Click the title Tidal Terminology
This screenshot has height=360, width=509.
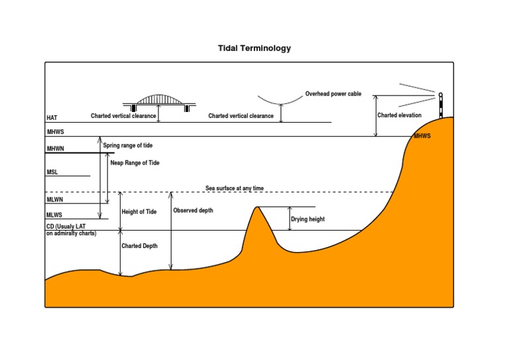pos(254,48)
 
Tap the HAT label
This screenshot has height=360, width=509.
pos(52,117)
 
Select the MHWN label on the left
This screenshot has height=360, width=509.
pos(55,149)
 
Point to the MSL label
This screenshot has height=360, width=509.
pos(52,172)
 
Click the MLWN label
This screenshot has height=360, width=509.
pos(55,199)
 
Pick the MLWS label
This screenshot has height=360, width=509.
pos(55,215)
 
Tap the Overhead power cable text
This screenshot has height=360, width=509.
pos(333,94)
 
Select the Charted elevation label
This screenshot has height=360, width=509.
pos(400,115)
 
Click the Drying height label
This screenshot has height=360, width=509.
pos(308,219)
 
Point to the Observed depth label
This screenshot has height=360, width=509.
pos(193,210)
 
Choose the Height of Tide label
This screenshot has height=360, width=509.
pos(139,212)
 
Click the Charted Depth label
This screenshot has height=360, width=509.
pos(140,245)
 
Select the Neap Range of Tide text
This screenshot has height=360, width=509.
pos(135,162)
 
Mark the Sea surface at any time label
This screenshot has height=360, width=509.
pos(235,188)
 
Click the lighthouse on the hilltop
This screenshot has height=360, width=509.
pos(440,105)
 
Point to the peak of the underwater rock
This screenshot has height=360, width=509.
pos(257,208)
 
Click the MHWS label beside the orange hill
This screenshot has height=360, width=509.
pos(422,136)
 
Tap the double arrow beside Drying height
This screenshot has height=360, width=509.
pos(290,219)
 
